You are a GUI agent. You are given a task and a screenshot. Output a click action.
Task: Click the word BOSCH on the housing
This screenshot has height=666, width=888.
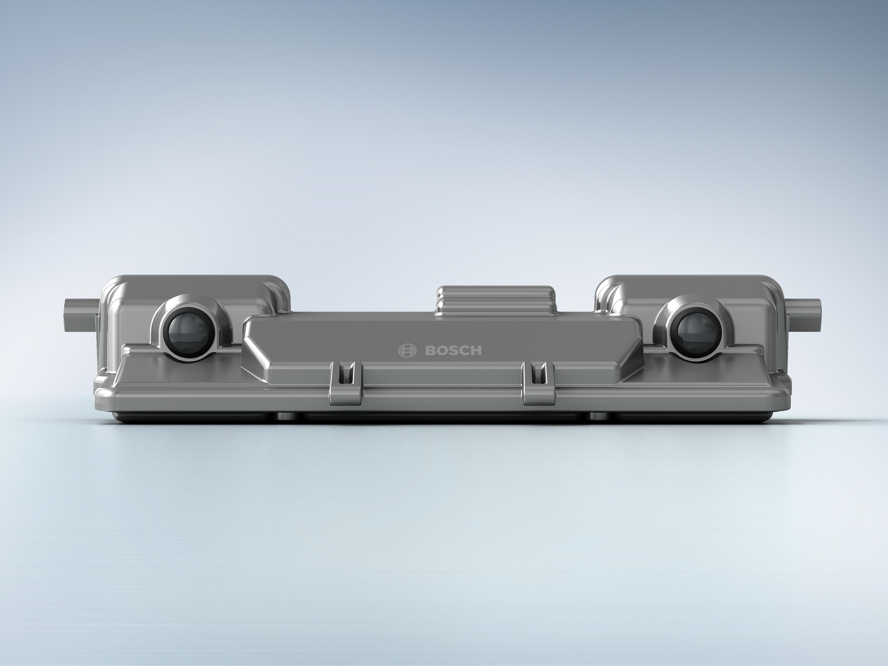tap(453, 350)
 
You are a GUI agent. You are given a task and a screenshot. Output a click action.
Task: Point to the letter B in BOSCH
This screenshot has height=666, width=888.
tap(430, 350)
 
